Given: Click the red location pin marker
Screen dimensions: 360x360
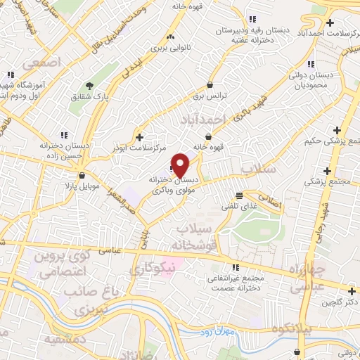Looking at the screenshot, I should [181, 165].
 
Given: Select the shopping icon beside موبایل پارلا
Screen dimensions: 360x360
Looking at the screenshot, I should [83, 176].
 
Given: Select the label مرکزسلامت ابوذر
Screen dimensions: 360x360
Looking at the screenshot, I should [137, 149].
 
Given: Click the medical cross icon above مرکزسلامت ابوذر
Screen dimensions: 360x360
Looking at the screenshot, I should [140, 137].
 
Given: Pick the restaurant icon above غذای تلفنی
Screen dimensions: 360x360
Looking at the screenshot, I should [240, 195].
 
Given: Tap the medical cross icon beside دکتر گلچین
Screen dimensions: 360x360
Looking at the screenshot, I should [352, 291].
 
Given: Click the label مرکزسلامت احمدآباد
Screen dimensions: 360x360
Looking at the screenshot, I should [322, 32].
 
